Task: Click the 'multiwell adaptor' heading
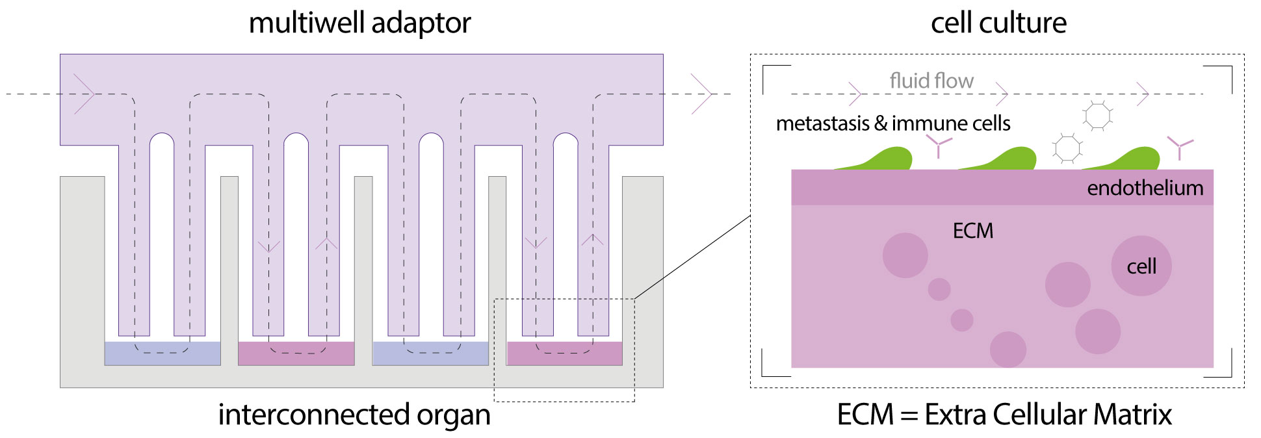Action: click(x=359, y=23)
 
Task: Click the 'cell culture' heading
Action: click(x=998, y=23)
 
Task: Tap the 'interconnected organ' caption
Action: click(x=354, y=415)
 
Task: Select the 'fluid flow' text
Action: click(x=931, y=81)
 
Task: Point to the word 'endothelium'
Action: click(x=1145, y=188)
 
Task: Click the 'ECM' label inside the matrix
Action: click(x=973, y=231)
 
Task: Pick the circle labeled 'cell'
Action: click(x=1141, y=266)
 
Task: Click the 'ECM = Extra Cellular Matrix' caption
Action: click(x=1004, y=415)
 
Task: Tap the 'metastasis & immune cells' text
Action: click(x=893, y=123)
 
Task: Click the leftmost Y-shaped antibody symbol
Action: click(x=939, y=146)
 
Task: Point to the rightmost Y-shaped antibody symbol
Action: click(x=1180, y=148)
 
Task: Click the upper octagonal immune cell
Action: click(x=1098, y=116)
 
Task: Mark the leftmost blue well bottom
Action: click(x=162, y=354)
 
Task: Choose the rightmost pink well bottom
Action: click(x=564, y=354)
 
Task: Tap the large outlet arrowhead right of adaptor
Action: click(x=702, y=94)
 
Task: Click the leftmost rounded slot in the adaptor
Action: click(x=162, y=234)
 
